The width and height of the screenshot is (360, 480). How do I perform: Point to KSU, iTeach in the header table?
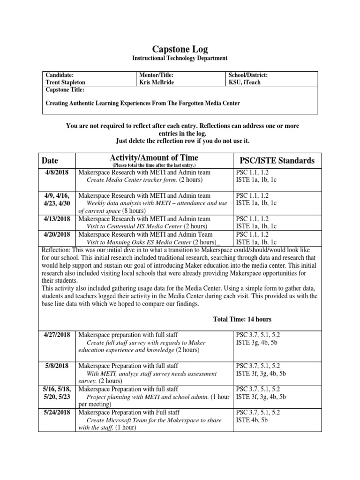[x=244, y=82]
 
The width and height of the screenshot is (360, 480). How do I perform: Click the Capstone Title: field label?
[x=65, y=89]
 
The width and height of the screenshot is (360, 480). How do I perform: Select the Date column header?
[x=51, y=160]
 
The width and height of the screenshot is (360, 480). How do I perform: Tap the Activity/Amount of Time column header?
[x=154, y=158]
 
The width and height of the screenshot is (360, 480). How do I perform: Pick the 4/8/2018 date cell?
[x=57, y=172]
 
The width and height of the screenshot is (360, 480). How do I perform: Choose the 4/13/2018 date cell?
[x=57, y=219]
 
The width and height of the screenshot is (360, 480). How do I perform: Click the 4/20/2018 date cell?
[x=57, y=234]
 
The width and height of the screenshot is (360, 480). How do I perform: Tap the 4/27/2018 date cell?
[x=57, y=335]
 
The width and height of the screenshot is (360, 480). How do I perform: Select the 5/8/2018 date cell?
[x=57, y=366]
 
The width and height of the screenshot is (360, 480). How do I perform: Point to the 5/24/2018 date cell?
[x=57, y=412]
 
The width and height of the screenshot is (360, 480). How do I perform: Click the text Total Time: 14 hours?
[x=242, y=319]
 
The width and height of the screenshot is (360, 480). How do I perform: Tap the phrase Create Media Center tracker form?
[x=131, y=180]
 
